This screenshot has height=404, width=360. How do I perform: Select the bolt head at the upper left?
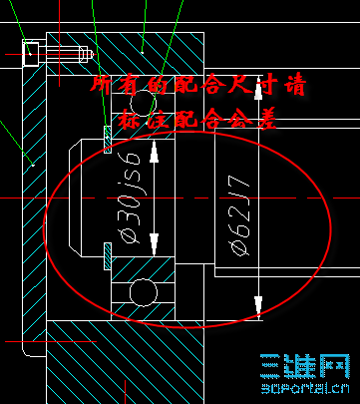point(30,51)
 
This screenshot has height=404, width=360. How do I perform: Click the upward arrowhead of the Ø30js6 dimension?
point(154,150)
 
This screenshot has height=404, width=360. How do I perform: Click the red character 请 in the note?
point(294,85)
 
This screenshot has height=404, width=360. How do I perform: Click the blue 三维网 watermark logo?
point(309,365)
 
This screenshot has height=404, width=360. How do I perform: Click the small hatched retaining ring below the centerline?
point(107,256)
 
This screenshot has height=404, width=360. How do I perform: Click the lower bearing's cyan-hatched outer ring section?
point(141,267)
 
